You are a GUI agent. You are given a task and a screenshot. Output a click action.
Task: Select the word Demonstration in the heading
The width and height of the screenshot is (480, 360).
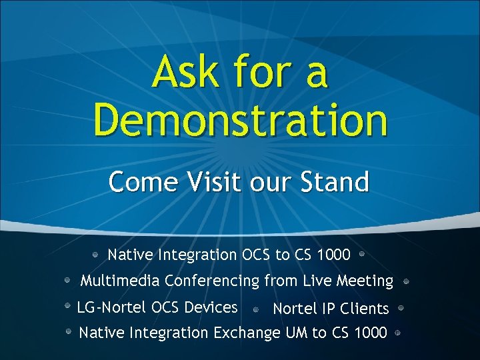[240, 120]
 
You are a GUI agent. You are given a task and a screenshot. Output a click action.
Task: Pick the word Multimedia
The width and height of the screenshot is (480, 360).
[120, 281]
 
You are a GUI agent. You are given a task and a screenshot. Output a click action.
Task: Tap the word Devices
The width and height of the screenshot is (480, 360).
[213, 307]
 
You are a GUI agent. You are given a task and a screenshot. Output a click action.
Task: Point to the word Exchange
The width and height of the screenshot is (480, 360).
[246, 332]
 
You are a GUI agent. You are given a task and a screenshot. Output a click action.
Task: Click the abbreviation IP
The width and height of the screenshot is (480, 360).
[328, 309]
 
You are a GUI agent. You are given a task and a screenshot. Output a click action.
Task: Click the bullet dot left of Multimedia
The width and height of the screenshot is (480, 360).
[68, 281]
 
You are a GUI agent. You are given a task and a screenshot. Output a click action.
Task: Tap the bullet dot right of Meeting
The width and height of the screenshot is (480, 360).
[406, 281]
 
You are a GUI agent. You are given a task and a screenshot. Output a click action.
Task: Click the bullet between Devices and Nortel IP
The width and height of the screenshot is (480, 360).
[256, 309]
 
